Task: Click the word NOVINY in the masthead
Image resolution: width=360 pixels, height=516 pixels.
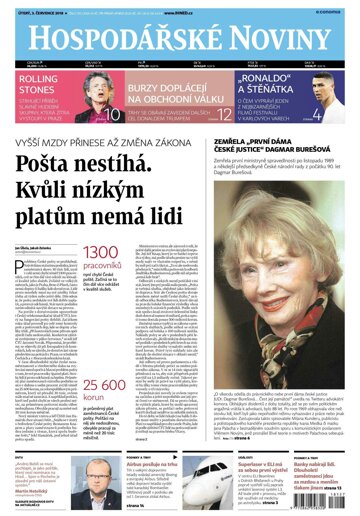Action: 271,37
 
